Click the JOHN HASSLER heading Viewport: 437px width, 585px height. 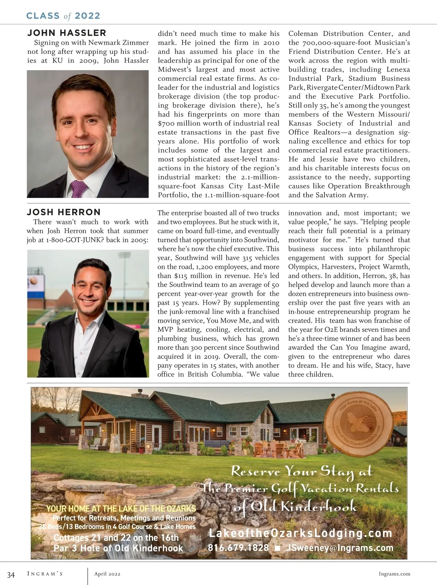(67, 33)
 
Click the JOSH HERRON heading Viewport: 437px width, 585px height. (64, 212)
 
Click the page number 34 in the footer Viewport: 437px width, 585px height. (11, 575)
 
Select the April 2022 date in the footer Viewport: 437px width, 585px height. (107, 574)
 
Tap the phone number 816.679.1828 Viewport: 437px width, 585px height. (238, 548)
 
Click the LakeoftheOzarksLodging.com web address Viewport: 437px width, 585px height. (300, 533)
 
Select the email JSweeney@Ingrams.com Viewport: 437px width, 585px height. (340, 548)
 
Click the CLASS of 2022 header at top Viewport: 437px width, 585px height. (63, 16)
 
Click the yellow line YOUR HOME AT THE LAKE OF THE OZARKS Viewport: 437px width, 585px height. (121, 509)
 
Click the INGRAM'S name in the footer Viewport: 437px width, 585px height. (45, 574)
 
